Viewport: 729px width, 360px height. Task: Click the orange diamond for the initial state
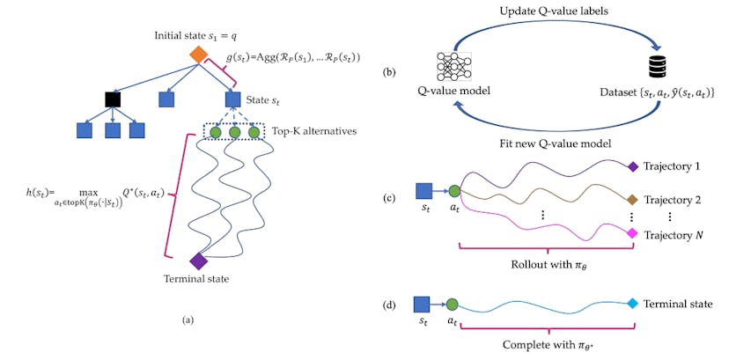[199, 54]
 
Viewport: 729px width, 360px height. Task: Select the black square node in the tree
[112, 99]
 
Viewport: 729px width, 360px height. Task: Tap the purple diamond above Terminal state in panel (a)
[199, 261]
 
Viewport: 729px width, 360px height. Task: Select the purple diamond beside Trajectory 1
[631, 165]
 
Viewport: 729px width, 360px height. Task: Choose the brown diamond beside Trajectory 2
[631, 199]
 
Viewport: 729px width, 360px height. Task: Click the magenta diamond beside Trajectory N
[631, 234]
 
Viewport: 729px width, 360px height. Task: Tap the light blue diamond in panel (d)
[631, 304]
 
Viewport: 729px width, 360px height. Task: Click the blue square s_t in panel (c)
[423, 189]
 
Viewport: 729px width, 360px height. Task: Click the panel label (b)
[388, 71]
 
